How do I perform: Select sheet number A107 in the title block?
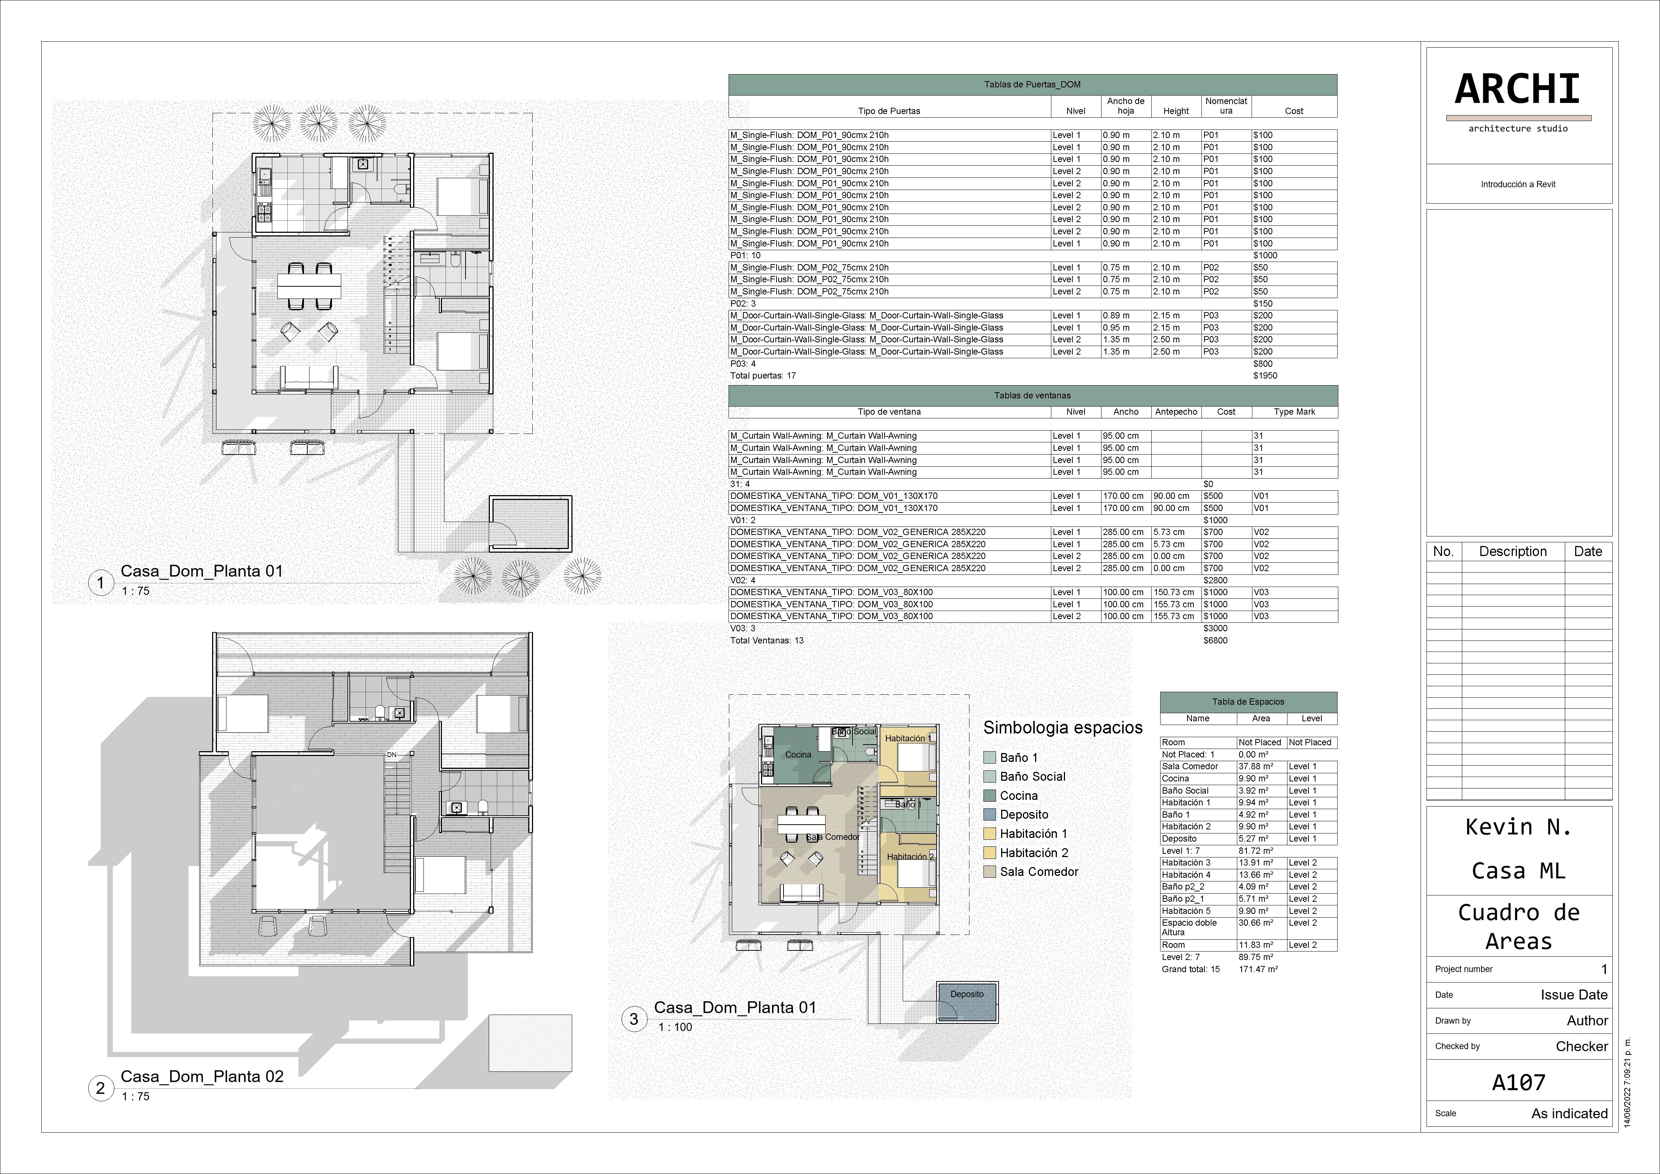(x=1518, y=1082)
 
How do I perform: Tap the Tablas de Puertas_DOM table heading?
(x=1033, y=84)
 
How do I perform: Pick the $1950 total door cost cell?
(x=1265, y=376)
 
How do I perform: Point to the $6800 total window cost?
(x=1215, y=640)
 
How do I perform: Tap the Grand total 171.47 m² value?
(x=1258, y=970)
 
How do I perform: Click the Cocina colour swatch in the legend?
(x=990, y=796)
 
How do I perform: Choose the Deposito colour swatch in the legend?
(x=990, y=815)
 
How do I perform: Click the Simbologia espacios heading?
(x=1063, y=728)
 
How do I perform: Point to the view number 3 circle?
(x=634, y=1019)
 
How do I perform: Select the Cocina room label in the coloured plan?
(x=798, y=755)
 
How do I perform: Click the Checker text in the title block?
(x=1582, y=1046)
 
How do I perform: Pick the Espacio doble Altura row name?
(x=1189, y=928)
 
